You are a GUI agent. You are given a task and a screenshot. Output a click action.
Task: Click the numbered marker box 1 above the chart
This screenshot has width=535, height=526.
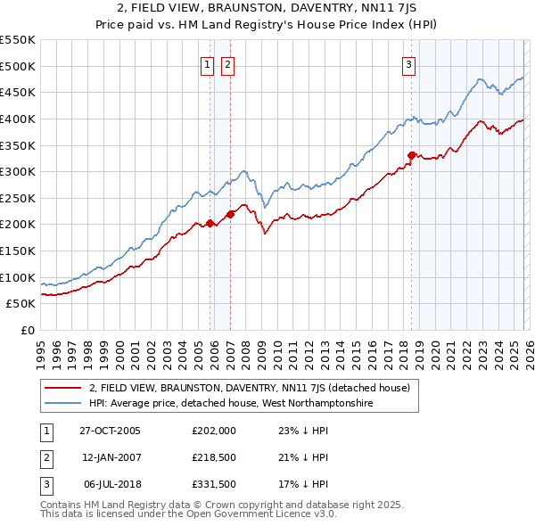207,64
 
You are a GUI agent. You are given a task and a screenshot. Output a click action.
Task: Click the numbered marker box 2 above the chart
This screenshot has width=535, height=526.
226,64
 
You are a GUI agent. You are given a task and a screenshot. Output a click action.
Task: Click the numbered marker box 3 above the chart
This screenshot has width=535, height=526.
408,64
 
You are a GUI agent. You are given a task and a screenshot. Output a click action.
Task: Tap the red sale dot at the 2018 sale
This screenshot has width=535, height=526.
411,155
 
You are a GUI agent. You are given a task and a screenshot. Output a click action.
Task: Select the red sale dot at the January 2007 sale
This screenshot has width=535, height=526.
230,214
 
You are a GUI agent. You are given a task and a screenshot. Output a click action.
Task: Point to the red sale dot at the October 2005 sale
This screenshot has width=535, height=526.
210,223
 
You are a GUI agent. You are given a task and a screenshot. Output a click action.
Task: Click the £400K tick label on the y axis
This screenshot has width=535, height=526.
18,119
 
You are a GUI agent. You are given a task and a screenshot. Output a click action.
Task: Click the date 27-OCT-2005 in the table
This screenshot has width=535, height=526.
110,431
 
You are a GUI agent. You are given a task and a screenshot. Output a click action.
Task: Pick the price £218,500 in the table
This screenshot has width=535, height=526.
213,457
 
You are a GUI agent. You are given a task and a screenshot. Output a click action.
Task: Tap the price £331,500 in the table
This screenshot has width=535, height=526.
213,484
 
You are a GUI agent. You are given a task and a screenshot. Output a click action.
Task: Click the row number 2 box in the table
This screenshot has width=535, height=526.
43,457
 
